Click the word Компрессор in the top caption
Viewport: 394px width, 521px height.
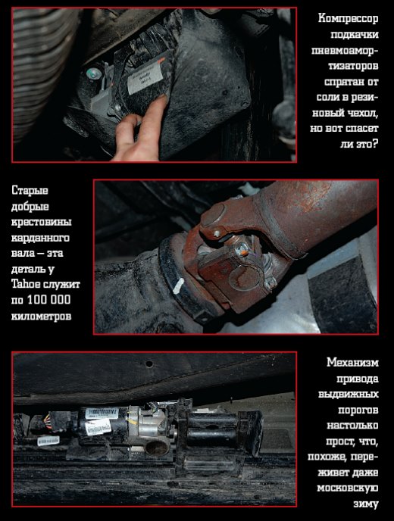coord(348,18)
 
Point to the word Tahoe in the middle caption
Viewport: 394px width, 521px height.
coord(26,284)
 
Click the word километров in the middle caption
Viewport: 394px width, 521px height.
coord(41,316)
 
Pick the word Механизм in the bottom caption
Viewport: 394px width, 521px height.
coord(352,362)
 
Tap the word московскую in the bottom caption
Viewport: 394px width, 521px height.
coord(348,488)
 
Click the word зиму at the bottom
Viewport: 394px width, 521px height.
coord(366,504)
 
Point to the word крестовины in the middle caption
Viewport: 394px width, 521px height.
coord(41,222)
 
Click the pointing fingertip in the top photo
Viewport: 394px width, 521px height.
coord(161,100)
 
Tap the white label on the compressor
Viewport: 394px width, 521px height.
coord(145,80)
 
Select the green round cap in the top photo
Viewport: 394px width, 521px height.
coord(93,73)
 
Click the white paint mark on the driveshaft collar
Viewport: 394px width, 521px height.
coord(178,285)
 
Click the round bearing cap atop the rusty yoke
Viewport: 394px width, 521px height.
coord(213,215)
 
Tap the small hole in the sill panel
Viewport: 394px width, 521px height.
coord(149,363)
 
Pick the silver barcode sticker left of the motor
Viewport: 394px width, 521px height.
coord(48,441)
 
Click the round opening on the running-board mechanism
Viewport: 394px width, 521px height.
coord(157,448)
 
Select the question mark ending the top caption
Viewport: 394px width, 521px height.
coord(375,144)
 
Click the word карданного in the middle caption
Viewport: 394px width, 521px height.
coord(40,238)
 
